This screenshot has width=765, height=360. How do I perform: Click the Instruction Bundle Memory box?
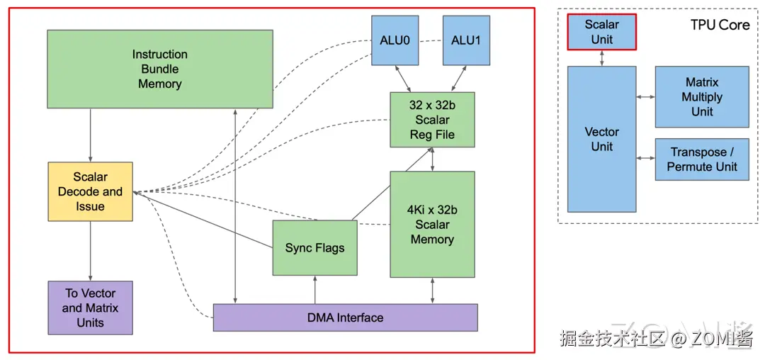point(159,69)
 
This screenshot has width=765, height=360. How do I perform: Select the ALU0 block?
point(395,40)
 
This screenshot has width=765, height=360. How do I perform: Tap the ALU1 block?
point(465,40)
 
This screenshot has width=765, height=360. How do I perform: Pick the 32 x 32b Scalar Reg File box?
point(432,120)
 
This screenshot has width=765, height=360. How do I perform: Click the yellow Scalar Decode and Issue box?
point(90,191)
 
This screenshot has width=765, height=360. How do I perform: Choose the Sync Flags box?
point(314,247)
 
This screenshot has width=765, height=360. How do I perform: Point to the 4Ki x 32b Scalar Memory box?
point(432,224)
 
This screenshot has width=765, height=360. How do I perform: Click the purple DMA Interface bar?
point(345,317)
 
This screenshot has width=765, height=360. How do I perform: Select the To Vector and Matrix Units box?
point(90,308)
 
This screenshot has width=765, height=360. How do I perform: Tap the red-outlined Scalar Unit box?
point(601,32)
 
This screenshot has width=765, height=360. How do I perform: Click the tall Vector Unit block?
point(601,139)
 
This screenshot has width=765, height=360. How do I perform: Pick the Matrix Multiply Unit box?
point(701,97)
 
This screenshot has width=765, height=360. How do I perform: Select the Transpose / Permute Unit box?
point(701,159)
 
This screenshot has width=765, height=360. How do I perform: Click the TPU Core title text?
point(720,25)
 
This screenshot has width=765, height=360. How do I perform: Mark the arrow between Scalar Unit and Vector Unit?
point(601,58)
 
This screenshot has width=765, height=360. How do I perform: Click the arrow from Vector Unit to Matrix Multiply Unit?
point(645,96)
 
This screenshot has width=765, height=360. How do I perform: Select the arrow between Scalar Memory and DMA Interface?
point(432,291)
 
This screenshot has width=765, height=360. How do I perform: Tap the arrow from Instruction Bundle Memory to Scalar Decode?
point(90,135)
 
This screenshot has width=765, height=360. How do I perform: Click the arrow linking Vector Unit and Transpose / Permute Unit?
point(645,158)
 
